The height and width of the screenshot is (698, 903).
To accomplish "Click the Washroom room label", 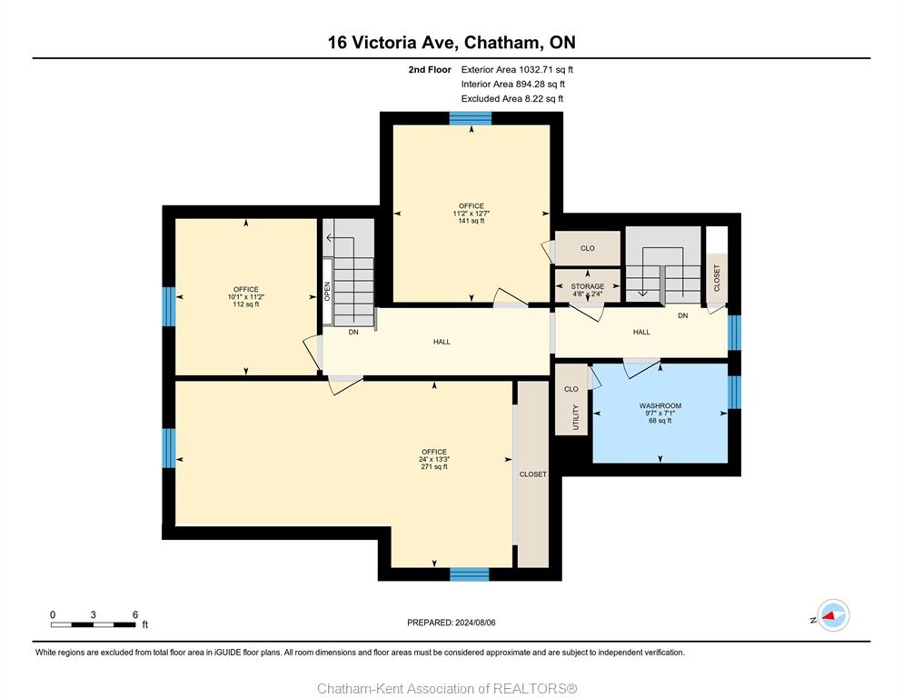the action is click(x=660, y=405).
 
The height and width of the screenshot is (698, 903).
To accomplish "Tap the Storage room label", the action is click(x=588, y=286).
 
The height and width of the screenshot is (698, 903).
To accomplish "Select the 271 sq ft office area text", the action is click(x=434, y=467).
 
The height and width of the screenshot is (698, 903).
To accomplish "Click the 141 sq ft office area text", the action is click(x=471, y=221).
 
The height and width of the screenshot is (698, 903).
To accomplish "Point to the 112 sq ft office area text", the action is click(x=246, y=304).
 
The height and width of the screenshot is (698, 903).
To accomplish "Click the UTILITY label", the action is click(x=575, y=417).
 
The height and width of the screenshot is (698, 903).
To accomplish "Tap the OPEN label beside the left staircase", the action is click(x=327, y=291).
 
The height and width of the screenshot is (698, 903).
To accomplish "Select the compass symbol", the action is click(x=833, y=615).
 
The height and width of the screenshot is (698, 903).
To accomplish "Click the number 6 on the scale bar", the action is click(x=135, y=614).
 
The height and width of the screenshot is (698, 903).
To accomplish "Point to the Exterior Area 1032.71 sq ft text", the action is click(x=517, y=70).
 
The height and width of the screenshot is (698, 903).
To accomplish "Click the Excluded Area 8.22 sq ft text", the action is click(x=512, y=98).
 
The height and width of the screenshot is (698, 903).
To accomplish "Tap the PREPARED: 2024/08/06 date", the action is click(x=451, y=623).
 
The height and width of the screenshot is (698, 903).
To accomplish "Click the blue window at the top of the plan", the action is click(x=471, y=118).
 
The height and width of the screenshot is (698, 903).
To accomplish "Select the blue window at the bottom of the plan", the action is click(x=470, y=574).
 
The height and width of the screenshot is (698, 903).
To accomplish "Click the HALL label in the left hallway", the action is click(x=442, y=342).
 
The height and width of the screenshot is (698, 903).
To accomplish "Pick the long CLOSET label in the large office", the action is click(x=532, y=474).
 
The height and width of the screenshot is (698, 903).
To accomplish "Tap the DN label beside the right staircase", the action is click(x=682, y=316).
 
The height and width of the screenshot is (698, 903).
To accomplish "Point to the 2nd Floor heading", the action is click(x=430, y=70).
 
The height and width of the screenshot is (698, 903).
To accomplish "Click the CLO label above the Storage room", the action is click(x=588, y=248).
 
